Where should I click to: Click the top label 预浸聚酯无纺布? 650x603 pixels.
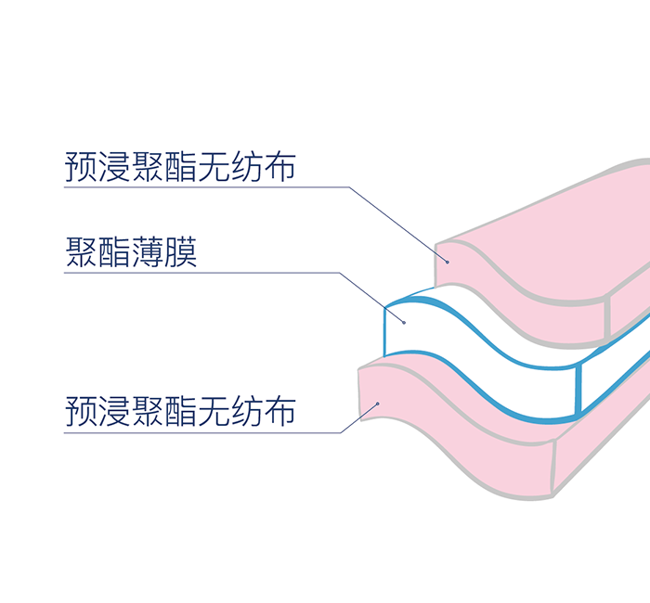pyautogui.click(x=180, y=167)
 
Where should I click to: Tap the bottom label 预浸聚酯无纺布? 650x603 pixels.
pyautogui.click(x=180, y=411)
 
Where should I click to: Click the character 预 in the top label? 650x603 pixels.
pyautogui.click(x=81, y=167)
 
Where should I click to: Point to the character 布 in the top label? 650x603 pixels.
pyautogui.click(x=279, y=167)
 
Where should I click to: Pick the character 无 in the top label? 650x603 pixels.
pyautogui.click(x=214, y=167)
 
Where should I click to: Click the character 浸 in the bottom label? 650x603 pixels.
pyautogui.click(x=114, y=411)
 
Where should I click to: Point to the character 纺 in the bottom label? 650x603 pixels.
pyautogui.click(x=246, y=411)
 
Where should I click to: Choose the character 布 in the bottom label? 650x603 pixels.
pyautogui.click(x=279, y=411)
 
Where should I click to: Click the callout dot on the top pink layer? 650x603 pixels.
pyautogui.click(x=447, y=262)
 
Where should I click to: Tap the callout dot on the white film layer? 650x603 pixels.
pyautogui.click(x=404, y=322)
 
